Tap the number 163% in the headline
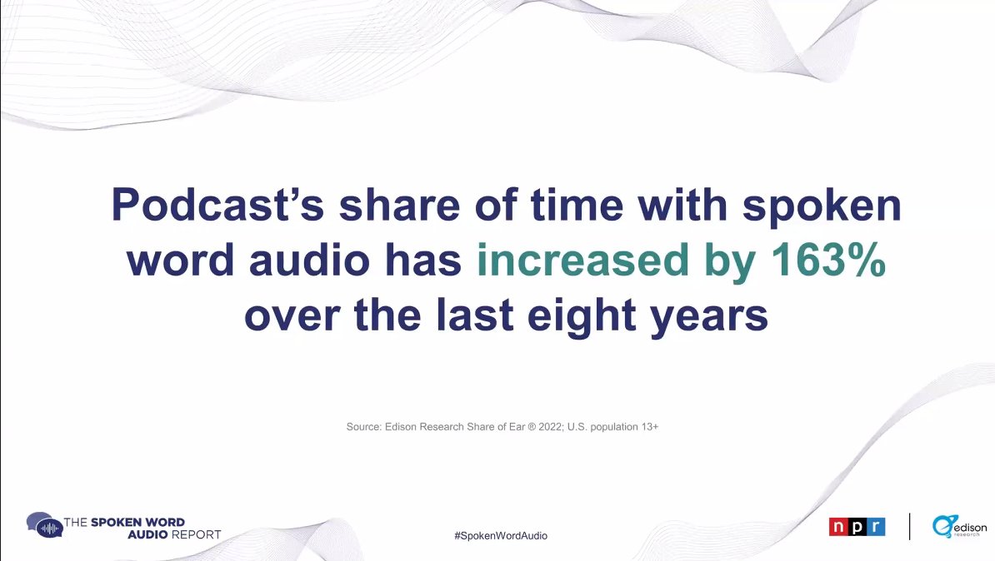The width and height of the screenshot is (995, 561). pos(821,261)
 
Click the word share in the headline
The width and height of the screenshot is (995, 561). pos(394,206)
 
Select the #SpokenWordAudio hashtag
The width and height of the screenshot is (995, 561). pos(501,536)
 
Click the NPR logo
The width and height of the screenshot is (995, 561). pos(857,527)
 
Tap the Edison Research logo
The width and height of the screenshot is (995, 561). pos(959,527)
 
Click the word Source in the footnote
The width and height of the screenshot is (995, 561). pos(363,427)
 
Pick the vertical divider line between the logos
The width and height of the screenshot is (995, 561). pos(909,526)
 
